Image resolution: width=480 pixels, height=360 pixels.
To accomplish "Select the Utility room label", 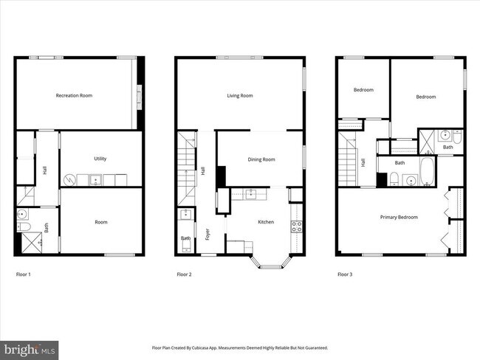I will point(100,159).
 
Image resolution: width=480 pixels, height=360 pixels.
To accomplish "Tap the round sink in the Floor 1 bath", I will point(23,216).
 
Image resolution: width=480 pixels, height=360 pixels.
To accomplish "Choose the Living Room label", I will point(239,95).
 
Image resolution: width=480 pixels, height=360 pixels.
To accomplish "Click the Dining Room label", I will point(261,159).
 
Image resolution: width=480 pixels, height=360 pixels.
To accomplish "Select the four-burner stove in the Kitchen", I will point(296,226).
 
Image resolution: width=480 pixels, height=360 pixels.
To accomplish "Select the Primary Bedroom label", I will point(399,217).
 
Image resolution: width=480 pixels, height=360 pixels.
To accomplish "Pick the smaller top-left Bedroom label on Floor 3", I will point(363,90).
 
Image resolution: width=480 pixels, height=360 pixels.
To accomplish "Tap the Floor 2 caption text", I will point(184,274).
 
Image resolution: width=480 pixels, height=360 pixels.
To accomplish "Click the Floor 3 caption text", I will point(345,274).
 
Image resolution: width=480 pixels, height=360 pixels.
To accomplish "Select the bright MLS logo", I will point(30,348).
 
